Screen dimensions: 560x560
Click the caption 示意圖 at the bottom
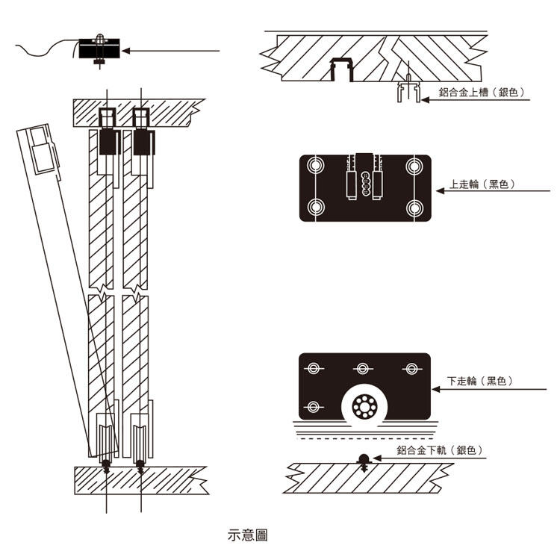pos(247,535)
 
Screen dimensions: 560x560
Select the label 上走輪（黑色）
pos(482,184)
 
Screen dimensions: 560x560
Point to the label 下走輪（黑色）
pos(482,381)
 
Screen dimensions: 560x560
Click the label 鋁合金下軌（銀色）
pos(440,450)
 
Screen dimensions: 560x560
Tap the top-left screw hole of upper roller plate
pos(316,164)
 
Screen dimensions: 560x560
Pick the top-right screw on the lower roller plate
pos(409,368)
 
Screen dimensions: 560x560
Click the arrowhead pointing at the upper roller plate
pos(440,190)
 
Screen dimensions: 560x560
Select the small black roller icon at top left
pos(99,50)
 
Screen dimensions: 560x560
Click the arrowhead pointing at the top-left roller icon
pos(125,51)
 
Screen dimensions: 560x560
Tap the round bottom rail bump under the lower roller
pos(364,458)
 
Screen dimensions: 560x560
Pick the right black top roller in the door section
pos(141,141)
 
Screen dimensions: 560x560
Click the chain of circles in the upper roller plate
pos(365,181)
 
